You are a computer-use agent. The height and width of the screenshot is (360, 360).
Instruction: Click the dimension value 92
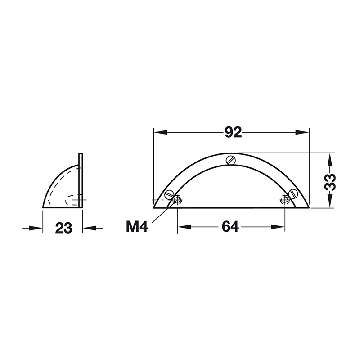(233, 132)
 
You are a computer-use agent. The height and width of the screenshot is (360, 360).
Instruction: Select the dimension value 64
(230, 227)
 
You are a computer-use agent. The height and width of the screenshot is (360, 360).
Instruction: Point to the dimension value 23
(63, 228)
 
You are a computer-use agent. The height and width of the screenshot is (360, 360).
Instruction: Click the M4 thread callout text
(137, 227)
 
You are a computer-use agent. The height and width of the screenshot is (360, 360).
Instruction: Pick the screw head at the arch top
(231, 160)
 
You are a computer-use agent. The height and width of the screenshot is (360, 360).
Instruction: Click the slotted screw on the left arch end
(170, 195)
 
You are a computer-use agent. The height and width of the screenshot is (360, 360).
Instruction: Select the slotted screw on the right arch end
(293, 193)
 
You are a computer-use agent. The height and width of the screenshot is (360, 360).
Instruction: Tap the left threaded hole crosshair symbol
(177, 200)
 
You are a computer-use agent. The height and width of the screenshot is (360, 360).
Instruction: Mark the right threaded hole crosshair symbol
(285, 200)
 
